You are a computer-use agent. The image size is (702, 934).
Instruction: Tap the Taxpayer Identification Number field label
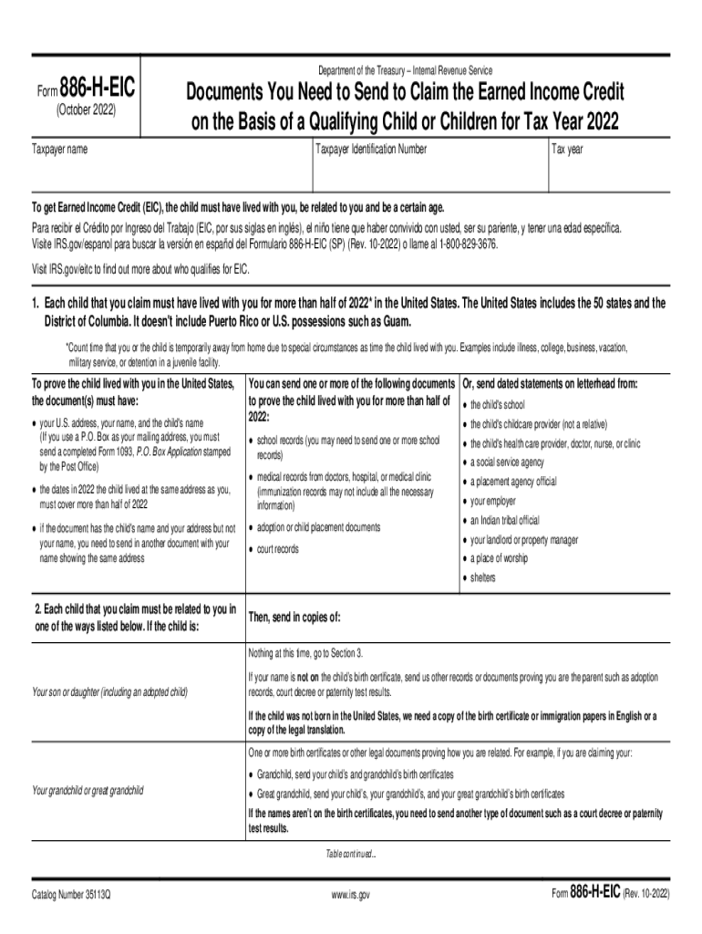click(371, 148)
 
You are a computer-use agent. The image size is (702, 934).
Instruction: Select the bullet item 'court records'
click(277, 549)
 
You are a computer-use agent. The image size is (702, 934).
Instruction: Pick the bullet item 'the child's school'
click(498, 405)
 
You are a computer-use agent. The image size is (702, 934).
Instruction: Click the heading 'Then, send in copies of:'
click(294, 617)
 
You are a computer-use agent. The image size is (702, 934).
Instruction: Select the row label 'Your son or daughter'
click(109, 692)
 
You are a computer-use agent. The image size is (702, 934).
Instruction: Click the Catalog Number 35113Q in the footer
click(76, 895)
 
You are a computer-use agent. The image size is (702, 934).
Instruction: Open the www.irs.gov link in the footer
click(351, 895)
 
